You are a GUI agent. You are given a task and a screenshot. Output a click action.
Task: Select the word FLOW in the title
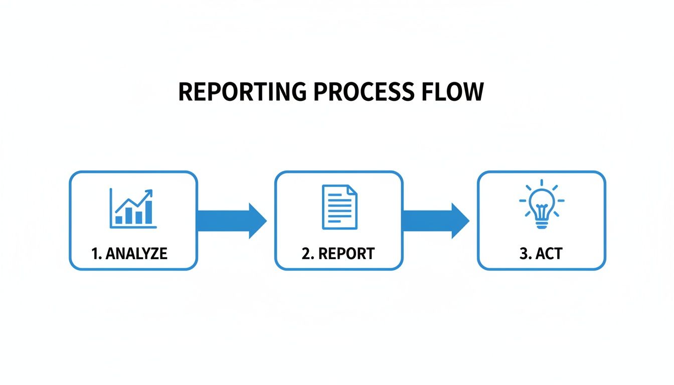pos(453,92)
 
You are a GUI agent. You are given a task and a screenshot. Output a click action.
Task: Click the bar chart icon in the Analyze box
pos(133,209)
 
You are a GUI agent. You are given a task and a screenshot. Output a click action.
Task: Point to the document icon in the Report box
pos(340,207)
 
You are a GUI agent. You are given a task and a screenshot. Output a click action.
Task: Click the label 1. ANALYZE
pos(129,254)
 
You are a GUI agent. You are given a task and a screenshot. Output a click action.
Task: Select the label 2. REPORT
pos(338,254)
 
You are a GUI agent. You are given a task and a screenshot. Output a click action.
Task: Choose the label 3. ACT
pos(541,254)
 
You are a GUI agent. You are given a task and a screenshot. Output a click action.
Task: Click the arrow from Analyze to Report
pos(231,221)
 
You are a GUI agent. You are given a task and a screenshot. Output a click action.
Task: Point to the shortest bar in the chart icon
pos(119,220)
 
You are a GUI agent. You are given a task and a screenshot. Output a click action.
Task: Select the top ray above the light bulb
pos(541,184)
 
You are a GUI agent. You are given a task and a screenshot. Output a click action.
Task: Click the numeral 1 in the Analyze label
pos(94,254)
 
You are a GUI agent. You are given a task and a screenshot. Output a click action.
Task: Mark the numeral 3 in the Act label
pos(524,254)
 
